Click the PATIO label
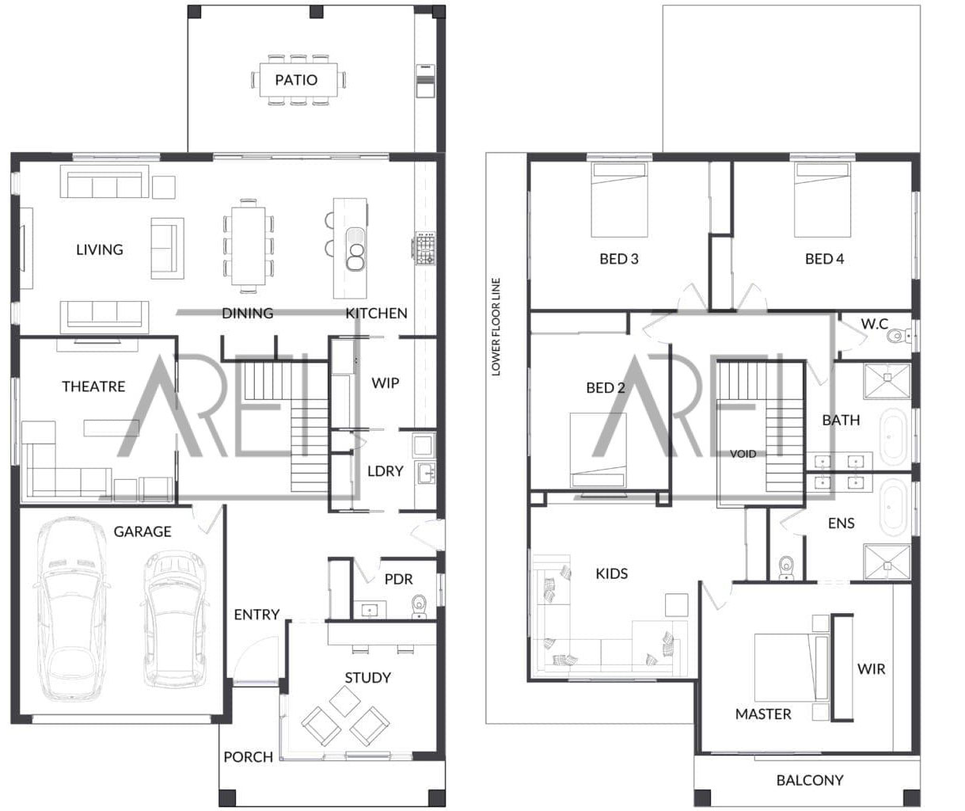pos(296,80)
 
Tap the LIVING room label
pos(100,249)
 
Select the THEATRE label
pos(93,386)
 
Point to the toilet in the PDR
pos(420,607)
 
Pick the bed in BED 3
pos(620,201)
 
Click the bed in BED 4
pos(823,201)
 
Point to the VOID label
pos(743,454)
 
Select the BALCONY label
pos(809,780)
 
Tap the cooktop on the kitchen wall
pos(423,248)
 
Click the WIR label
pos(871,669)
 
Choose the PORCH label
pos(248,757)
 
